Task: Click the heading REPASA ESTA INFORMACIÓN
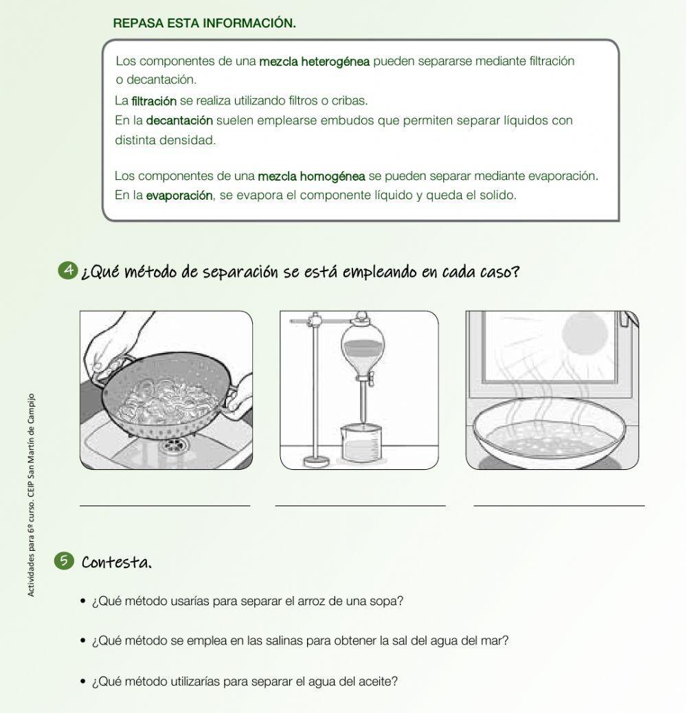(x=204, y=23)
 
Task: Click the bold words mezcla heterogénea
(x=314, y=62)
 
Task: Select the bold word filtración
(x=153, y=101)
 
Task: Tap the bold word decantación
(x=179, y=121)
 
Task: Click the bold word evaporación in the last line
(x=179, y=196)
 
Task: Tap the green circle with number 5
(x=63, y=561)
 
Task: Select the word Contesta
(x=116, y=563)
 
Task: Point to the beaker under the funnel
(x=360, y=443)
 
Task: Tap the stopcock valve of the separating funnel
(x=365, y=378)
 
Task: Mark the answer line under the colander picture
(x=165, y=506)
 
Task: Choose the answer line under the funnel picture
(x=360, y=506)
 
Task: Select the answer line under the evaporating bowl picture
(x=559, y=506)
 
